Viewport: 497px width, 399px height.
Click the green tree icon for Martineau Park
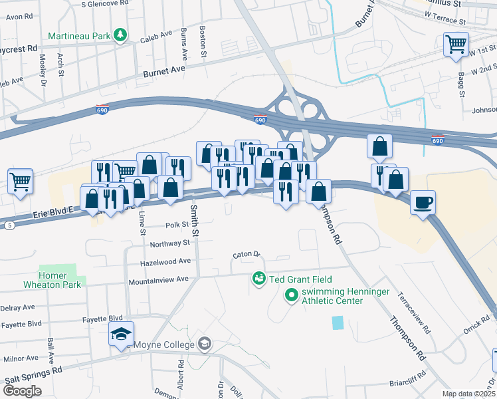tap(120, 34)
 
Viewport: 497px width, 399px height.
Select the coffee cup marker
tap(422, 203)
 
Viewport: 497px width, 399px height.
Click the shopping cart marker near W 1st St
tap(456, 45)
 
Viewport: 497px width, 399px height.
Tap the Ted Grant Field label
tap(300, 279)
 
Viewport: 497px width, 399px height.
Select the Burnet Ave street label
tap(164, 70)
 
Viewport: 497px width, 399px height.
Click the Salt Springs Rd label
tap(33, 377)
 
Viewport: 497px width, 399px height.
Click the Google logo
tap(23, 390)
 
